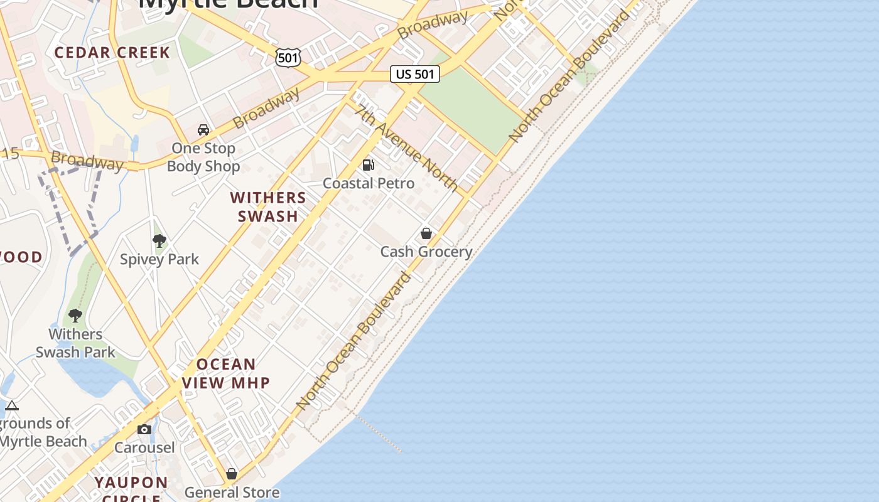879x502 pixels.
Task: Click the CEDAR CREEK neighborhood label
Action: [112, 52]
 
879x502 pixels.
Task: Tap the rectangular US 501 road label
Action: [414, 74]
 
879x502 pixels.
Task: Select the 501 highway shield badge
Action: [288, 58]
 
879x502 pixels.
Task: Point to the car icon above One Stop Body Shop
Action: [203, 130]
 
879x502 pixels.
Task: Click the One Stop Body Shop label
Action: [203, 158]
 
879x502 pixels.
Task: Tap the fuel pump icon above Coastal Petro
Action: [369, 165]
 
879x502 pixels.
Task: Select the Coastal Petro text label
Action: [369, 183]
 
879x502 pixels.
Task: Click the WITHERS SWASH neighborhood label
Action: [268, 207]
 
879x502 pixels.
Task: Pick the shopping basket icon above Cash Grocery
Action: [426, 233]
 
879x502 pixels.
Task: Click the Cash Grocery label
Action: [426, 252]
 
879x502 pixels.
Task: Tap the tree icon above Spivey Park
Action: [159, 240]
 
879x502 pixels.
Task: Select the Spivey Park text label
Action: [159, 259]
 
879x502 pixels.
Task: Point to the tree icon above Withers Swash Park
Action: [75, 315]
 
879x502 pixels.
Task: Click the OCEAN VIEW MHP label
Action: [226, 373]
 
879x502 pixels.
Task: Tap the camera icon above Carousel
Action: [144, 430]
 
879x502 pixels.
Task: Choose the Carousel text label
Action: [144, 448]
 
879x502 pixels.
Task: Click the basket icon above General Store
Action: [232, 474]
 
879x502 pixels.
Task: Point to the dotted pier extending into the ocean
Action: [378, 432]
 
